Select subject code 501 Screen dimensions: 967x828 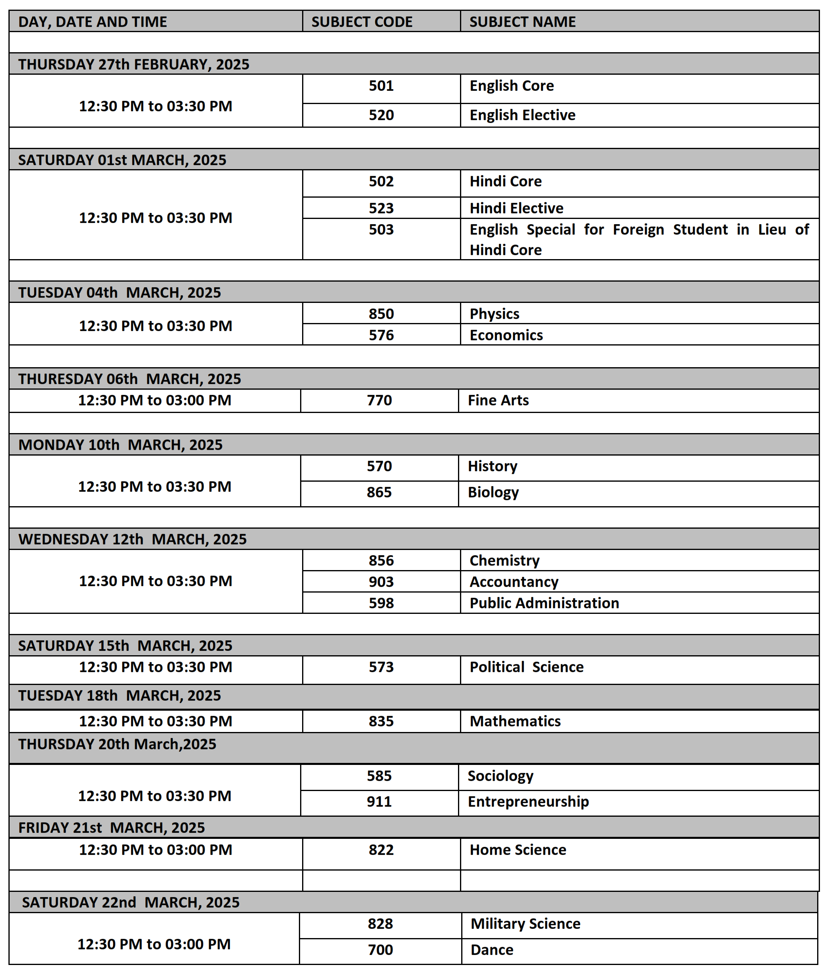pyautogui.click(x=381, y=86)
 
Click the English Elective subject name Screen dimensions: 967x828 pyautogui.click(x=522, y=115)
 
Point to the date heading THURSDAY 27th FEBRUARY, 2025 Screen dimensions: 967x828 pyautogui.click(x=134, y=64)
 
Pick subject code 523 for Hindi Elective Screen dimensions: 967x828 pyautogui.click(x=381, y=208)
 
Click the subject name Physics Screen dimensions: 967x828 pyautogui.click(x=494, y=314)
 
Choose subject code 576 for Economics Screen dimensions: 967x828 pyautogui.click(x=381, y=335)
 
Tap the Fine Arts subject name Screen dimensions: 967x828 pyautogui.click(x=498, y=401)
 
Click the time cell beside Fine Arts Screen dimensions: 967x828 pyautogui.click(x=155, y=401)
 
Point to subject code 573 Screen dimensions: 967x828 pyautogui.click(x=381, y=667)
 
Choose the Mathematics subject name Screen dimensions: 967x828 pyautogui.click(x=515, y=722)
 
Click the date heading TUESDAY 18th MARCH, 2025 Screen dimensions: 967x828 pyautogui.click(x=119, y=696)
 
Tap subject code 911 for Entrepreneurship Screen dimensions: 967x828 pyautogui.click(x=379, y=802)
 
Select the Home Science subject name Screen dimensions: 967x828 pyautogui.click(x=517, y=850)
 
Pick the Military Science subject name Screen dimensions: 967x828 pyautogui.click(x=525, y=924)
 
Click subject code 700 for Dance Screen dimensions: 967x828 pyautogui.click(x=380, y=950)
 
